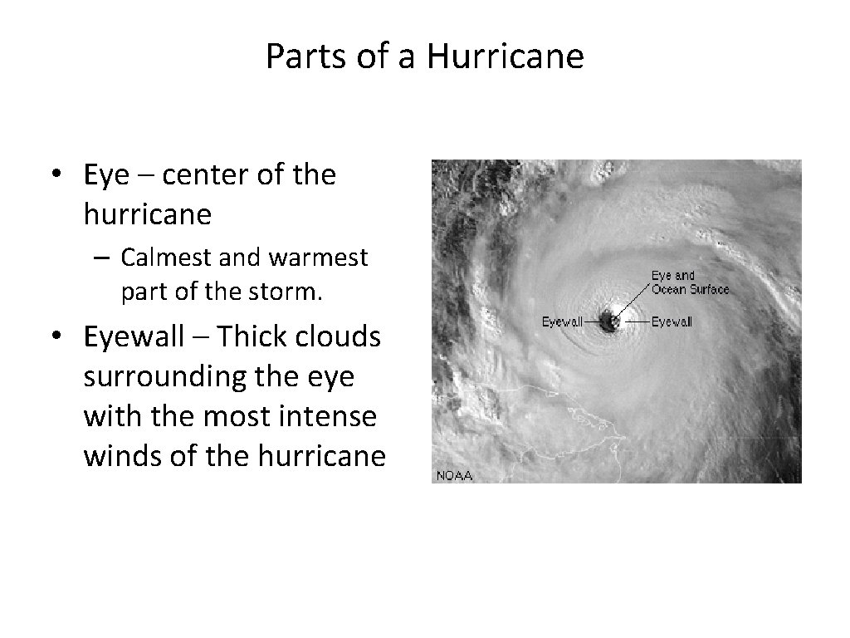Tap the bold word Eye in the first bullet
tap(102, 175)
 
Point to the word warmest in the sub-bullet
tap(318, 258)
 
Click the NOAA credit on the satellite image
tap(453, 475)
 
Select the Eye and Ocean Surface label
tap(690, 282)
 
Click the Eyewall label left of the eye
tap(562, 321)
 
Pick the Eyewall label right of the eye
tap(672, 321)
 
